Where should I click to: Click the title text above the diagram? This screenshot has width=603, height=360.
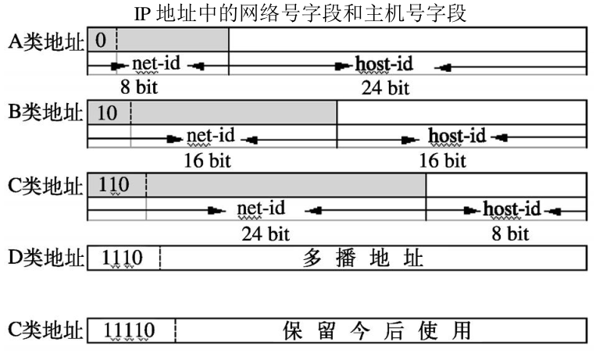click(301, 14)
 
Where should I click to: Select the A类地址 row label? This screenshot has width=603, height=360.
click(46, 41)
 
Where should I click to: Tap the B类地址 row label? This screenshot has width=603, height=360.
click(46, 112)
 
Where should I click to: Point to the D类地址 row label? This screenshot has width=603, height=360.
click(46, 257)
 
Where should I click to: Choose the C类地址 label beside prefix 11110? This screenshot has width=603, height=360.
click(46, 330)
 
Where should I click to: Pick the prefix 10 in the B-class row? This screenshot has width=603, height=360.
click(107, 112)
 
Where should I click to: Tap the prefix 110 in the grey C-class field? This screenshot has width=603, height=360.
click(115, 186)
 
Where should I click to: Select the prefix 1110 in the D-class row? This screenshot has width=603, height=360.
click(123, 258)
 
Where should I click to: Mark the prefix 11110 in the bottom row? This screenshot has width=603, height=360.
click(130, 331)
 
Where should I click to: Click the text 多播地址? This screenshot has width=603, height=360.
click(362, 258)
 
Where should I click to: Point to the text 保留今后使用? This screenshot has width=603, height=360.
click(377, 331)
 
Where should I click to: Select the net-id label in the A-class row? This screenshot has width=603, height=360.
click(156, 63)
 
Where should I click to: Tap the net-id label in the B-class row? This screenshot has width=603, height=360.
click(210, 137)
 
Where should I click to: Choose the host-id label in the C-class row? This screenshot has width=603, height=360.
click(512, 209)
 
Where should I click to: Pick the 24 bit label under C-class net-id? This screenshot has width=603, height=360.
click(259, 233)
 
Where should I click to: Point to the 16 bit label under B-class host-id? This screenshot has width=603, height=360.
click(442, 161)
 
